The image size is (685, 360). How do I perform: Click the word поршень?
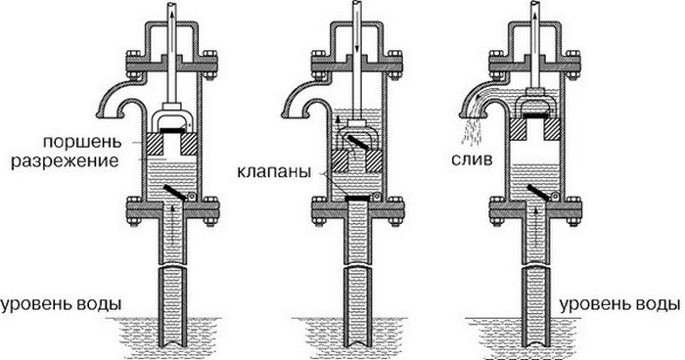[x=81, y=143]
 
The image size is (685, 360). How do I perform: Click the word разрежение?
[x=65, y=160]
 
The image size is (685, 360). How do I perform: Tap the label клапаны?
[x=274, y=171]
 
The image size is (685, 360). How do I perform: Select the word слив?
[x=472, y=159]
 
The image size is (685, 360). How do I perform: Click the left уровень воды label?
[x=61, y=304]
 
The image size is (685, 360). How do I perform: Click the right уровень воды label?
[x=620, y=304]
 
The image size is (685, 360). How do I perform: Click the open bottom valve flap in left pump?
[x=175, y=192]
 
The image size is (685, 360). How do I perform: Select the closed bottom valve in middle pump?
[x=357, y=199]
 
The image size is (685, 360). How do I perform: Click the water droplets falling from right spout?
[x=472, y=131]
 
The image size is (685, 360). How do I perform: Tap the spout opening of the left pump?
[x=109, y=114]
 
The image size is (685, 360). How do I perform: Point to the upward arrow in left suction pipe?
[x=173, y=223]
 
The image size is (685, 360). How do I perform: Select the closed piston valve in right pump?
[x=534, y=115]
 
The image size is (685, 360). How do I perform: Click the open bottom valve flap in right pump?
[x=538, y=193]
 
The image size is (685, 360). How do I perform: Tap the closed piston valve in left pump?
[x=171, y=130]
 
